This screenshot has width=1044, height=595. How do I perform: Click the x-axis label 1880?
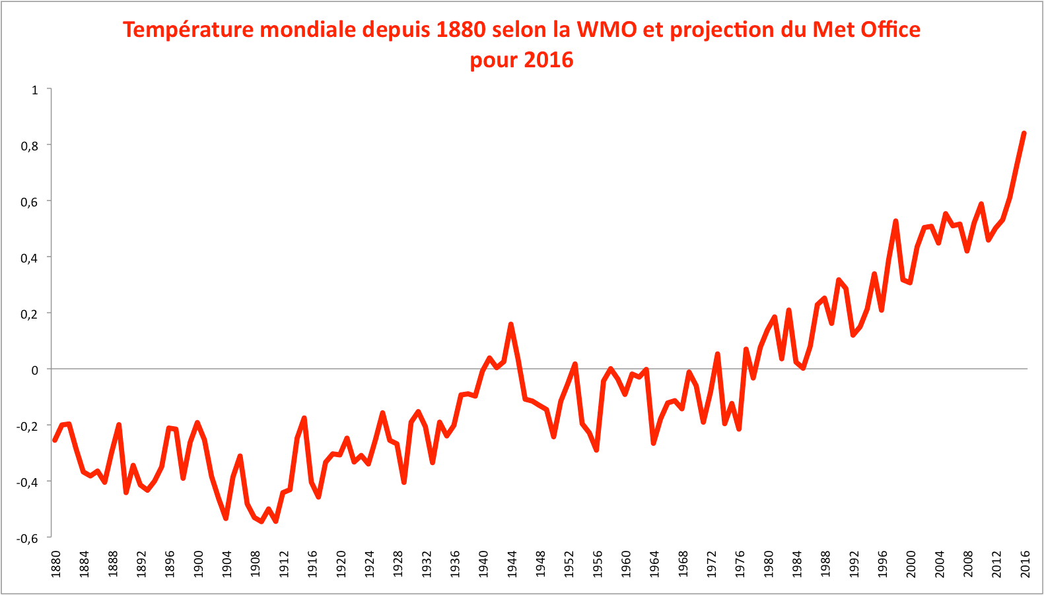click(x=55, y=564)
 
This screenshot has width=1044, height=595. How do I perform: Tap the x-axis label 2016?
click(x=1025, y=564)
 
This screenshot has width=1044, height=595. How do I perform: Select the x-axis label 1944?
click(x=512, y=564)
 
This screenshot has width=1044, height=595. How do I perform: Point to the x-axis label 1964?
click(x=654, y=564)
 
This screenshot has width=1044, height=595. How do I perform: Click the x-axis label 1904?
click(x=226, y=564)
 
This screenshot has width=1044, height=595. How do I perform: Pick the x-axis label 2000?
click(x=911, y=564)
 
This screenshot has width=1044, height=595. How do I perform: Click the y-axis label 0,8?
click(x=30, y=146)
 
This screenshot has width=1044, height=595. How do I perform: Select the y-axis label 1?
click(x=35, y=90)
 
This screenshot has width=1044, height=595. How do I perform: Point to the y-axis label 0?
click(x=35, y=370)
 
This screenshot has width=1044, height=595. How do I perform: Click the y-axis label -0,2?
click(x=28, y=426)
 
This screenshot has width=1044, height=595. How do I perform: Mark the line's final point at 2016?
click(x=1024, y=133)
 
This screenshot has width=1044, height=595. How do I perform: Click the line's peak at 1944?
click(x=511, y=325)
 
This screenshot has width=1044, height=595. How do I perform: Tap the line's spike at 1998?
click(x=895, y=221)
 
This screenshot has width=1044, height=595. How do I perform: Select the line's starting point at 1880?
click(x=55, y=440)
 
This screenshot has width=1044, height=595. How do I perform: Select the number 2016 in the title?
click(x=548, y=60)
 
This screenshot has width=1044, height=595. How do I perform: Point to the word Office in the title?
click(x=888, y=30)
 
